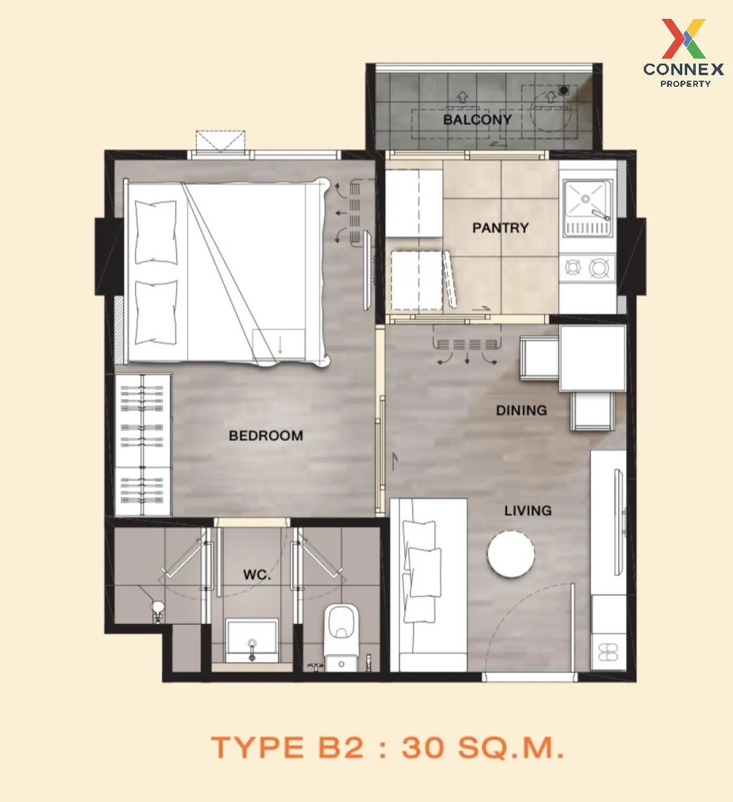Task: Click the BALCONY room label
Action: (x=477, y=120)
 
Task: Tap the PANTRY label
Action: (x=500, y=228)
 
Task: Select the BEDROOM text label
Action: (x=266, y=435)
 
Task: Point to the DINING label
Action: (x=521, y=410)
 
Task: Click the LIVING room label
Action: (x=528, y=510)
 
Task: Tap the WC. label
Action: (x=257, y=575)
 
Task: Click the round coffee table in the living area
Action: (x=511, y=554)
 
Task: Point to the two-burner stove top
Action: (x=587, y=268)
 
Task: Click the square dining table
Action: (x=593, y=358)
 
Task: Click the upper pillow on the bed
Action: (x=156, y=232)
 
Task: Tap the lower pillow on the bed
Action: (x=156, y=312)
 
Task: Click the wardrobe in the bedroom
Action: (x=143, y=445)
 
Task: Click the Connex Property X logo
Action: (x=684, y=39)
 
